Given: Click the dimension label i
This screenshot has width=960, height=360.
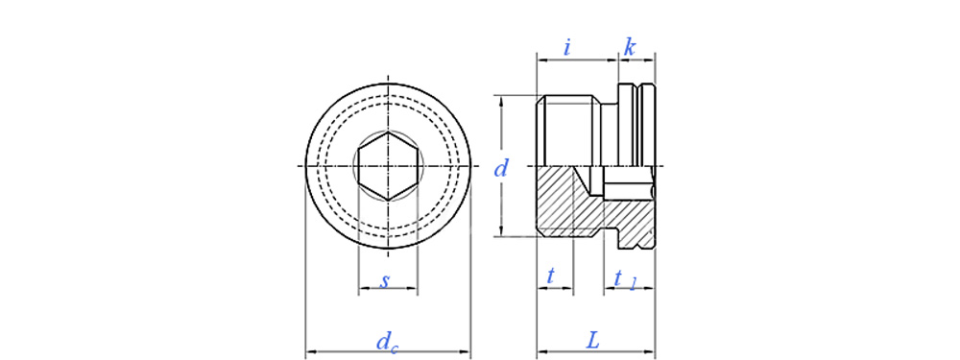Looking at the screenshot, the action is [x=567, y=48].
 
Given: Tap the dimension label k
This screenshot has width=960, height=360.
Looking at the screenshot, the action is [x=629, y=48].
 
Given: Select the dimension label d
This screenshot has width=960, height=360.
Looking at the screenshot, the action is [x=501, y=168].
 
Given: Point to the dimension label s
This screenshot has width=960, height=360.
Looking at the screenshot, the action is [x=385, y=281].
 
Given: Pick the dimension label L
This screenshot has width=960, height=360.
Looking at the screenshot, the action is [x=592, y=341].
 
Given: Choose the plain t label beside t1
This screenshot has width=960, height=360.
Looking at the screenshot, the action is [x=550, y=277].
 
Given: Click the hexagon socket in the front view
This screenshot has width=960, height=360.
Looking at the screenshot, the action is [x=388, y=166].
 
